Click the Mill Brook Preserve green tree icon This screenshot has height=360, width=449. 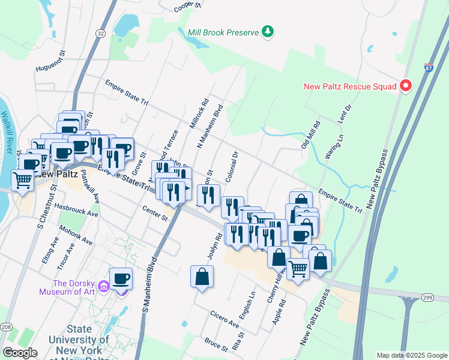(x=268, y=31)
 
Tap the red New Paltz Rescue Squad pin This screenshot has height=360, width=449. (x=405, y=86)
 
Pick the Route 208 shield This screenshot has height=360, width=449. (x=5, y=326)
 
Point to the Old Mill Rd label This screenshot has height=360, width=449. (x=311, y=136)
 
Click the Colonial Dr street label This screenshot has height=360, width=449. (x=232, y=167)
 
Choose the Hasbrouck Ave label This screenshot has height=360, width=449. (x=76, y=209)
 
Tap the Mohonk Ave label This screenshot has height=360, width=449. (x=76, y=235)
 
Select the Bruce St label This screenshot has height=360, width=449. (x=215, y=345)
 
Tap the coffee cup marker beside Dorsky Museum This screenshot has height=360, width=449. (x=121, y=278)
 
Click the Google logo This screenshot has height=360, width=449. (x=20, y=353)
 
